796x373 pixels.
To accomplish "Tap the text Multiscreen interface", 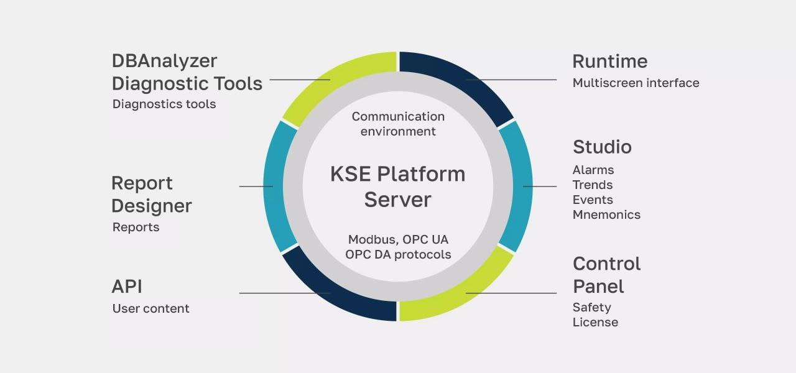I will click(636, 83).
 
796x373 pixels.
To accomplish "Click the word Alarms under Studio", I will click(593, 170).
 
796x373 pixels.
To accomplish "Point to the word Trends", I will click(593, 185).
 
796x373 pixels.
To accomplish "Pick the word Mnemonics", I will click(606, 214).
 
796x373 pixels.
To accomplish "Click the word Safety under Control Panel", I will click(592, 307).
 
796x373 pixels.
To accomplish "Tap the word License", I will click(595, 322).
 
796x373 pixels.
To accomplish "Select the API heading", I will click(127, 287).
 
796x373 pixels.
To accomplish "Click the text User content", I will click(150, 308).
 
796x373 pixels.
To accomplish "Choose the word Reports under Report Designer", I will click(136, 227).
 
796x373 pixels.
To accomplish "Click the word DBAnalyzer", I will click(164, 61).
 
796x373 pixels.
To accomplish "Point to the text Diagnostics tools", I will click(164, 104).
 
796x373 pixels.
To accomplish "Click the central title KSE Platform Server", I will click(398, 186).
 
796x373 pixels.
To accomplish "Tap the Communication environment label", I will click(398, 124).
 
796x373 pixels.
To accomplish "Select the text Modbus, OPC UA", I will click(398, 239).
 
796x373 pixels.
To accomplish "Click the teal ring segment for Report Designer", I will click(274, 186).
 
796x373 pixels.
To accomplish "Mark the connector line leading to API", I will click(274, 293).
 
